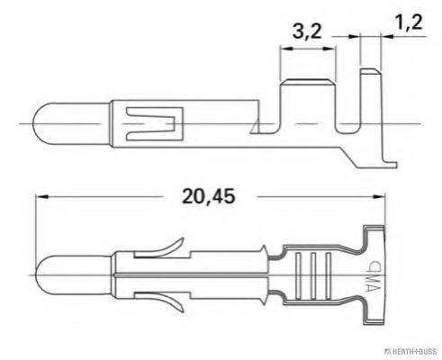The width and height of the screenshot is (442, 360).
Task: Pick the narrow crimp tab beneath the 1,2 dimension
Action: coord(368,99)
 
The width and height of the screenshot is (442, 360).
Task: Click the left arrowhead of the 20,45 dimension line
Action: coord(39,197)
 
